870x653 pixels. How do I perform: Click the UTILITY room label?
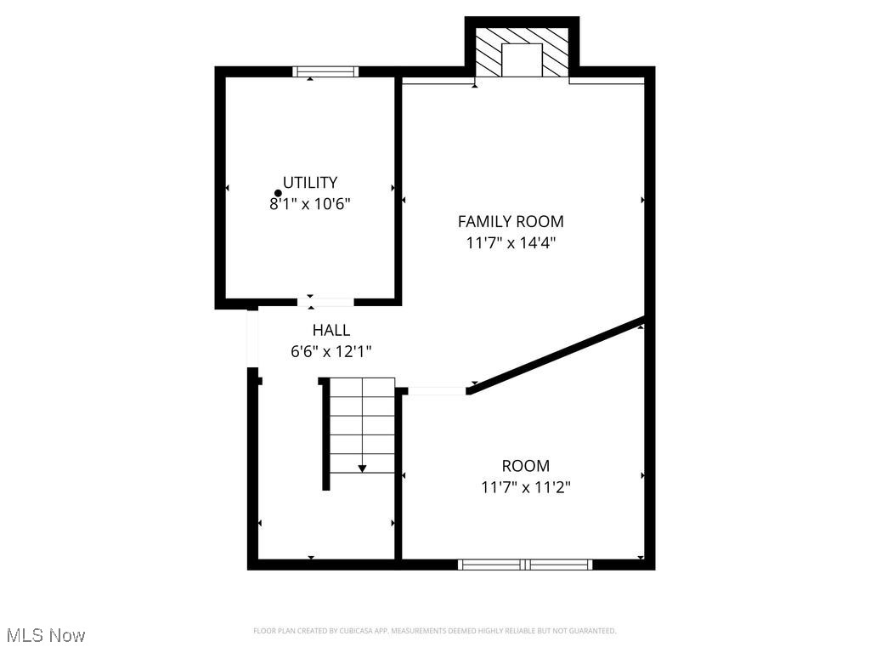(x=310, y=182)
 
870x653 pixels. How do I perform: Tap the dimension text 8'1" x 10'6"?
(x=310, y=204)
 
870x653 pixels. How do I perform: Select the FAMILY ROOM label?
(x=511, y=221)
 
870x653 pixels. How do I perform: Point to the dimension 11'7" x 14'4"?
(x=511, y=242)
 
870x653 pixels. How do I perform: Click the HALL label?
(x=331, y=330)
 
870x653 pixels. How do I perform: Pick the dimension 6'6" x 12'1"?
(x=331, y=350)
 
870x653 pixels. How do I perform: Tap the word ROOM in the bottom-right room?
(x=525, y=466)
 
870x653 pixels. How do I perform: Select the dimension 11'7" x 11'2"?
(x=525, y=487)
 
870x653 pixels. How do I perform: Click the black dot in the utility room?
(x=278, y=194)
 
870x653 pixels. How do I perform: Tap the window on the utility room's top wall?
(x=325, y=71)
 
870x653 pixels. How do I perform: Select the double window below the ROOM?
(x=525, y=564)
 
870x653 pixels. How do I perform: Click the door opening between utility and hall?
(x=325, y=302)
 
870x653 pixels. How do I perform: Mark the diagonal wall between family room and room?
(x=556, y=355)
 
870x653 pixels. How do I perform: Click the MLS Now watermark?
(x=46, y=635)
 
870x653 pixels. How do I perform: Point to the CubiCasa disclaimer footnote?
(x=434, y=631)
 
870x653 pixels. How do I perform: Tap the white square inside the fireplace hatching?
(x=521, y=60)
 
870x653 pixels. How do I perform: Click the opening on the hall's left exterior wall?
(x=252, y=338)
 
